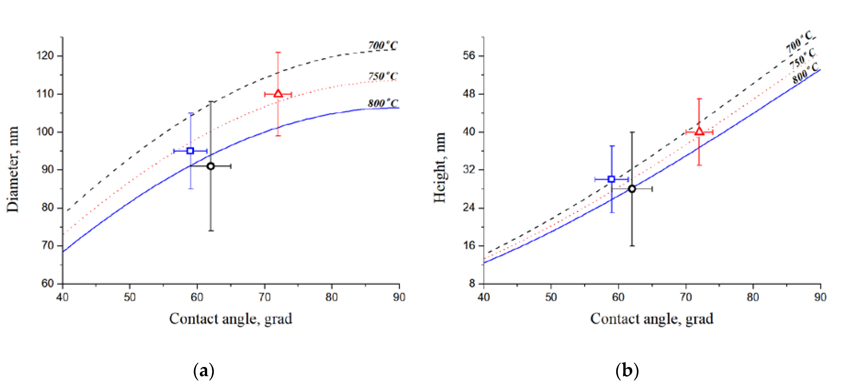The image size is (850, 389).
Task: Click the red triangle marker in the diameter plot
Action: tap(278, 94)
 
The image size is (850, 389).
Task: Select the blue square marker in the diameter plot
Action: tap(190, 151)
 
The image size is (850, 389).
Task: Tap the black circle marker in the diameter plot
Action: tap(211, 166)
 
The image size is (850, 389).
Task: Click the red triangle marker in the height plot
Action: tap(699, 132)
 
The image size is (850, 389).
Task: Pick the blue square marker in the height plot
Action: tap(611, 179)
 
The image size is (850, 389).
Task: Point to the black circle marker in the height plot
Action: tap(632, 189)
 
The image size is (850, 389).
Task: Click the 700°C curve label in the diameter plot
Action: tap(383, 45)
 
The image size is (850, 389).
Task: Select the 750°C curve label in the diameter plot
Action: tap(383, 76)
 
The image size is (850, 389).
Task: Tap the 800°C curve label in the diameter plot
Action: tap(383, 103)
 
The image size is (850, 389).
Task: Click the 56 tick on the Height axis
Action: tap(469, 56)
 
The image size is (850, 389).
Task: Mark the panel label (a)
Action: tap(204, 371)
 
